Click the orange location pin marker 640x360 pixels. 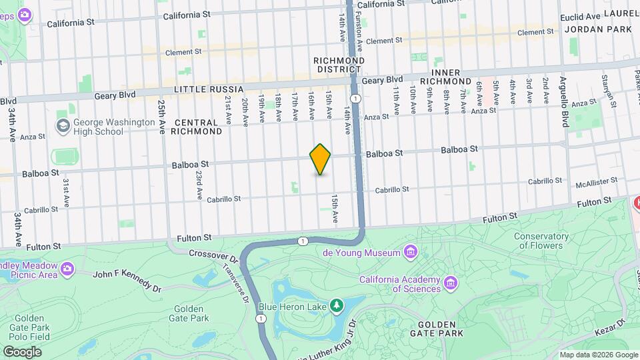coord(321,159)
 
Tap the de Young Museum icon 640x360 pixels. coord(411,252)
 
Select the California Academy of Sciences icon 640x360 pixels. coord(451,283)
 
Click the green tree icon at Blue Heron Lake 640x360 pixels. coord(337,305)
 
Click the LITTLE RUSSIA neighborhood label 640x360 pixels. coord(205,89)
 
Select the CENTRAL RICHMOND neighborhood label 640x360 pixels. coord(197,127)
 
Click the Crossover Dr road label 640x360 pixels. coord(213,254)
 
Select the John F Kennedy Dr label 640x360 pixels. coord(127,279)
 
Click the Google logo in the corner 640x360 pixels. coord(22,351)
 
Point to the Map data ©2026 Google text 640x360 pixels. coord(598,355)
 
